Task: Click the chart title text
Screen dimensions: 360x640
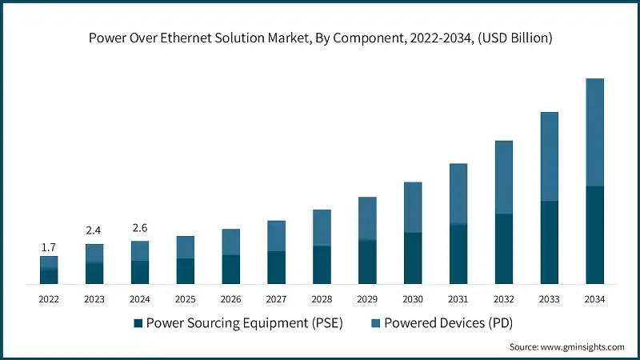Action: (x=320, y=38)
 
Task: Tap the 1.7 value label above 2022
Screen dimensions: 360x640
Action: (x=49, y=248)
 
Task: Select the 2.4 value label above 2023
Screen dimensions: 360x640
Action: (x=94, y=230)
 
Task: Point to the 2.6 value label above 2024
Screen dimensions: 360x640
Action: (x=140, y=228)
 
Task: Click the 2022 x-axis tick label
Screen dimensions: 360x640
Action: (x=49, y=299)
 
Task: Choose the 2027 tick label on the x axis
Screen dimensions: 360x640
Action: (x=276, y=299)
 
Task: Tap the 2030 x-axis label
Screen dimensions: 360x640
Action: (x=412, y=299)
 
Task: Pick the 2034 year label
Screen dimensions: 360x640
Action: (x=594, y=299)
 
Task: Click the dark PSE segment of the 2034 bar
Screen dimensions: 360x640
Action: (x=594, y=235)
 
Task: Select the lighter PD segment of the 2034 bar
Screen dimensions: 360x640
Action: (x=594, y=132)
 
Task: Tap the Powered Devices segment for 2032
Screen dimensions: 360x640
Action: (x=503, y=178)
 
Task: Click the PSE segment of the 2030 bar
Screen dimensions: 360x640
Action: (x=412, y=258)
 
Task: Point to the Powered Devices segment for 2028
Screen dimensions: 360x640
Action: (x=322, y=227)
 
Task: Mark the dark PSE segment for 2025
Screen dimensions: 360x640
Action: (x=185, y=271)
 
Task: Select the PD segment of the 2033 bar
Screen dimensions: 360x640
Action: (x=549, y=156)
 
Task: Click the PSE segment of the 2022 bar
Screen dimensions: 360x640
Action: (x=49, y=276)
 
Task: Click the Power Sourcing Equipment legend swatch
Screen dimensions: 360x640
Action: (x=138, y=323)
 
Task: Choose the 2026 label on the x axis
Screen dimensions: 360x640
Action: (x=230, y=299)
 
